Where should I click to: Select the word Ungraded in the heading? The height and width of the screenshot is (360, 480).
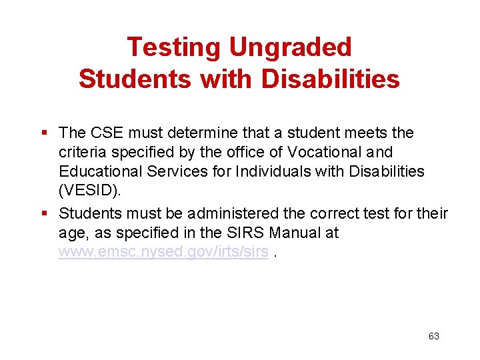point(290,47)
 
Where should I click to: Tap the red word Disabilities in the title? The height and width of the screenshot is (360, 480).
point(331,79)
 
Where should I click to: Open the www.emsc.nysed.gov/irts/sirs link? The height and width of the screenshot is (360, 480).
point(163,253)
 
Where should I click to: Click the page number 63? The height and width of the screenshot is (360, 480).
point(433,336)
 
